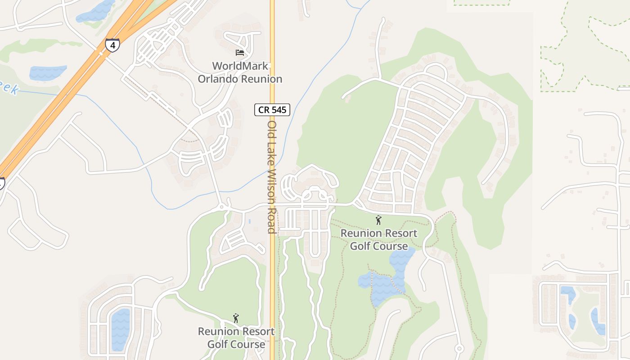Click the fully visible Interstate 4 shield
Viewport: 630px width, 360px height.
point(112,45)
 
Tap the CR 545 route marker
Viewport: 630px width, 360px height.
point(272,109)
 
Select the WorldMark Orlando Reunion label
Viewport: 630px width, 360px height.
point(240,72)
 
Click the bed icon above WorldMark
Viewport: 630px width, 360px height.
point(240,53)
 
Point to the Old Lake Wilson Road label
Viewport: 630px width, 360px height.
point(271,176)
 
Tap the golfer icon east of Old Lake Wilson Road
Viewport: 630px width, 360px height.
point(378,220)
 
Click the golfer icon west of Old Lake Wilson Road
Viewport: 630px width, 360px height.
point(236,319)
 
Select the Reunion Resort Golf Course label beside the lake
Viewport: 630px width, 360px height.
point(379,240)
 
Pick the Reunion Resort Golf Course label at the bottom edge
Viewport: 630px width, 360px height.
point(236,338)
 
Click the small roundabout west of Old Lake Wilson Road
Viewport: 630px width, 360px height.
point(221,207)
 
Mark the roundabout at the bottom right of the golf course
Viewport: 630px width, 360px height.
point(459,348)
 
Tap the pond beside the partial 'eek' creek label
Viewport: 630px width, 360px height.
point(47,72)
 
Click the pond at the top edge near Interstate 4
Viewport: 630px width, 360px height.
point(95,11)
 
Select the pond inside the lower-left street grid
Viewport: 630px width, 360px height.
point(120,329)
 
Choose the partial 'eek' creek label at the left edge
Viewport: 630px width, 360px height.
point(9,88)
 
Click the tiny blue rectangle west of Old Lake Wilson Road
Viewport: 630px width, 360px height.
point(249,221)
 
